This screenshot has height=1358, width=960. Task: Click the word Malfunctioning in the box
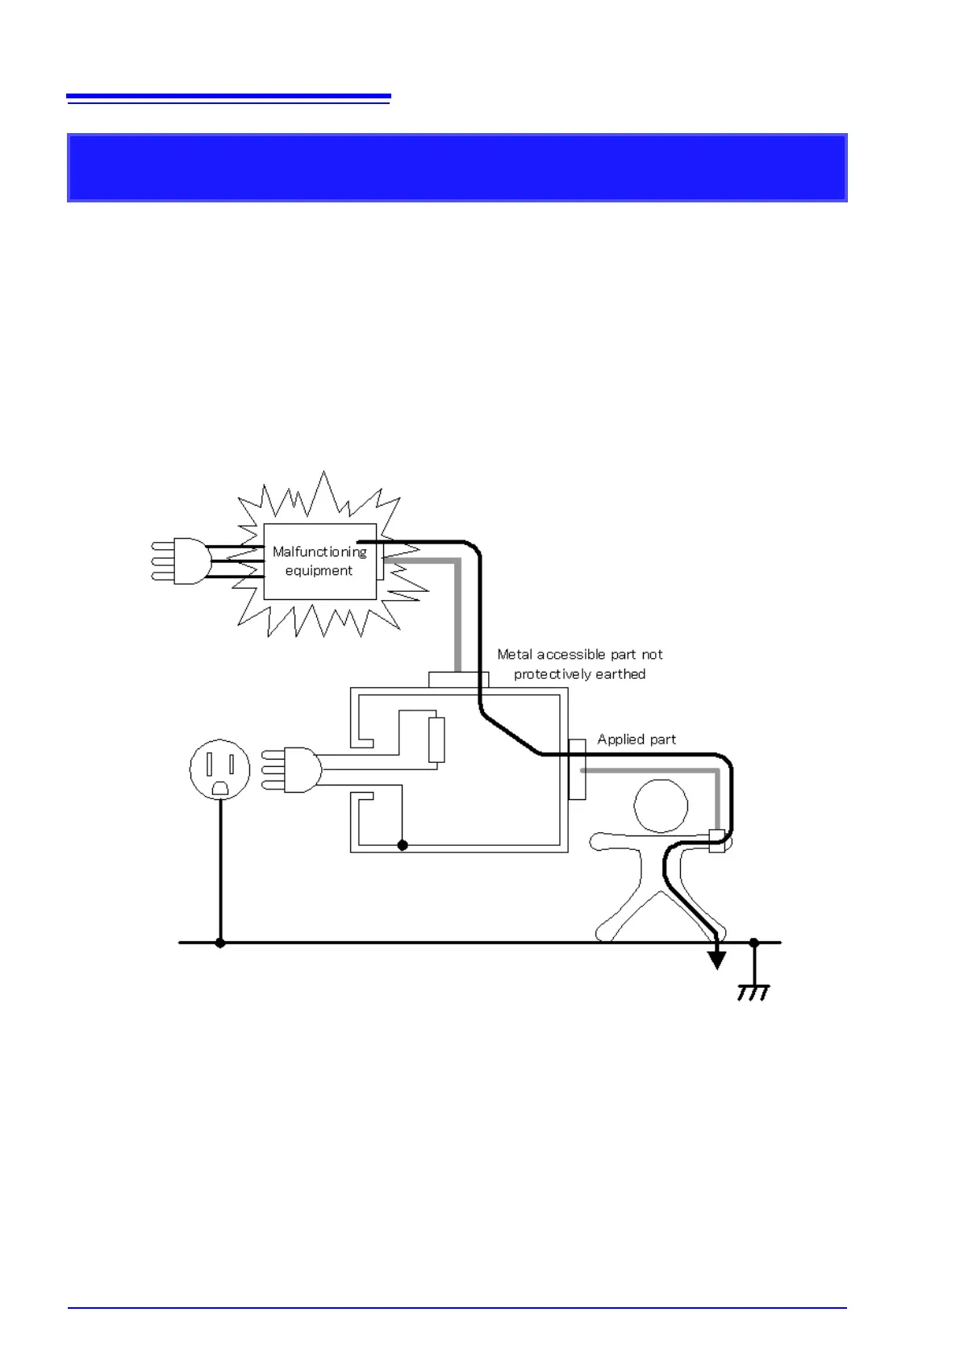pos(319,552)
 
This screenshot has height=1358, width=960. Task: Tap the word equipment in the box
pos(319,571)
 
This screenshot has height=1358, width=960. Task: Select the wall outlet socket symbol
pos(219,769)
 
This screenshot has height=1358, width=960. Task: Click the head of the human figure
pos(661,806)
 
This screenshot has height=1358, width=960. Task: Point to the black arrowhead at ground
pos(716,960)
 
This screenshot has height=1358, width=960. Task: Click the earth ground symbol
pos(753,993)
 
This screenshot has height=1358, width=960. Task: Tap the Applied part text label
pos(637,739)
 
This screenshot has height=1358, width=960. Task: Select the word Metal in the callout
pos(515,655)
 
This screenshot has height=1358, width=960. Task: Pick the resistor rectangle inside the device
pos(436,739)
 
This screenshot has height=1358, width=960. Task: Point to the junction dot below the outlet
pos(220,942)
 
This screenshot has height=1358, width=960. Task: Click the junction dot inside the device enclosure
pos(403,845)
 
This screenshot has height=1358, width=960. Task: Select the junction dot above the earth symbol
pos(753,942)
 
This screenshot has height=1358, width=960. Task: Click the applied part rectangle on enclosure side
pos(577,769)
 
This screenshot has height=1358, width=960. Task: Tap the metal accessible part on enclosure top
pos(458,680)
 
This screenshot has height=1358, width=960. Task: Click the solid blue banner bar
pos(457,168)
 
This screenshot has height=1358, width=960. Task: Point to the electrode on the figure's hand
pos(716,841)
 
